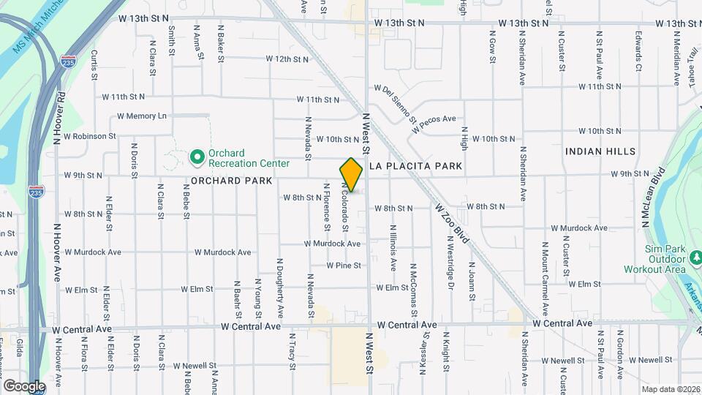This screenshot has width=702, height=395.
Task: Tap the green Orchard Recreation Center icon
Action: pyautogui.click(x=196, y=157)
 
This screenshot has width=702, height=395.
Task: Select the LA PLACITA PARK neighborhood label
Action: pyautogui.click(x=415, y=166)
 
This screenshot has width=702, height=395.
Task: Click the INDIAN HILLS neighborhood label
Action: pyautogui.click(x=600, y=151)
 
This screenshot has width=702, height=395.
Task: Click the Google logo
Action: pyautogui.click(x=24, y=385)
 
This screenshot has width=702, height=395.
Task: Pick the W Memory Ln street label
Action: pyautogui.click(x=142, y=116)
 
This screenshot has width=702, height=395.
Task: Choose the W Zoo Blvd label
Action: pyautogui.click(x=451, y=225)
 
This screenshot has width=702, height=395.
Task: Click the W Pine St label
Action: pyautogui.click(x=344, y=265)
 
